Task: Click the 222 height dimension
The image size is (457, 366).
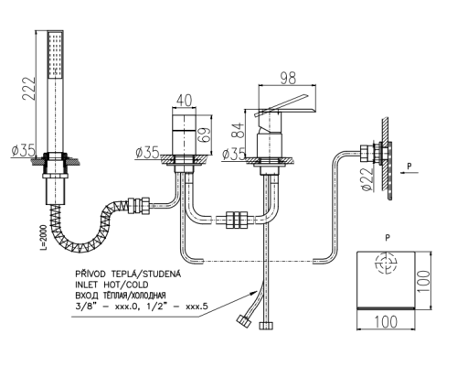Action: pos(28,89)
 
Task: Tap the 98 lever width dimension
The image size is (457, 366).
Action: pos(288,78)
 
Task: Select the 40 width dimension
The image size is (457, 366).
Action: pos(184,101)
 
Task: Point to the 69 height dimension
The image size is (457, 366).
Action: pos(206,135)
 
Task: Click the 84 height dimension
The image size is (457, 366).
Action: pos(239,131)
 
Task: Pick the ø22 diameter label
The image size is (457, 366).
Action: pos(367,179)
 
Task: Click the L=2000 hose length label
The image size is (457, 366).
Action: pos(43,238)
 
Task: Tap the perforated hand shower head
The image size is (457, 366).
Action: pos(56,54)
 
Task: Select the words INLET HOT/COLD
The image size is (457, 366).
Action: pos(112,285)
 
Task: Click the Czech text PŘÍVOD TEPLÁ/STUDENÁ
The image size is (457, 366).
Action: pos(128,274)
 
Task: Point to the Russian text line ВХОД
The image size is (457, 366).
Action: pos(121,296)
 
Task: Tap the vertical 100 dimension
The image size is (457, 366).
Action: pos(424,281)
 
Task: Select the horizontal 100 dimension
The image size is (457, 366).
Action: pos(386,322)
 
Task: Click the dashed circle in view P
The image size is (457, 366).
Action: pos(387,263)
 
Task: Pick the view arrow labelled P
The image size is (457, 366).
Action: pos(409,173)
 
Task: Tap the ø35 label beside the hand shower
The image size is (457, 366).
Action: pos(24,151)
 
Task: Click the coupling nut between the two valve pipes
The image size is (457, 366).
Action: pos(238,219)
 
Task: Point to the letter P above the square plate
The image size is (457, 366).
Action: pos(388,238)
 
